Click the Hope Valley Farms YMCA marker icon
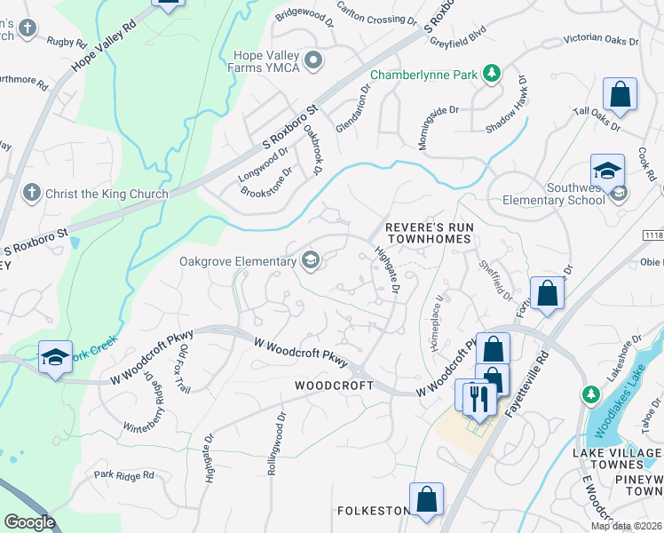(312, 60)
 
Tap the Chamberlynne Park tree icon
(490, 75)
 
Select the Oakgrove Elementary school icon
(311, 261)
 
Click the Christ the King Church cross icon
(31, 193)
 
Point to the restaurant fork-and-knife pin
(478, 398)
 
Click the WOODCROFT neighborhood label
(330, 386)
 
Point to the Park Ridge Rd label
(123, 476)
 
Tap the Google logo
(29, 522)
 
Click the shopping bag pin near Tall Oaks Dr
(620, 94)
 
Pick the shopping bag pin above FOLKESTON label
(426, 499)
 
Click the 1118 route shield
(652, 235)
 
